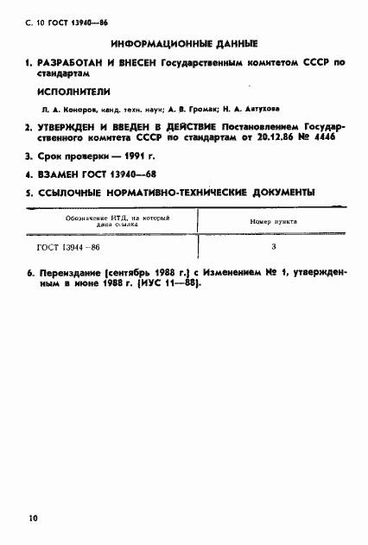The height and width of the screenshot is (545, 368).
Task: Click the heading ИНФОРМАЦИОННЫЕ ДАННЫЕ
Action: coord(185,43)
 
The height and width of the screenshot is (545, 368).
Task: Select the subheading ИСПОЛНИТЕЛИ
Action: coord(72,93)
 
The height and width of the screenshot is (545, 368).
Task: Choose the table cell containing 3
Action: coord(274,248)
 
